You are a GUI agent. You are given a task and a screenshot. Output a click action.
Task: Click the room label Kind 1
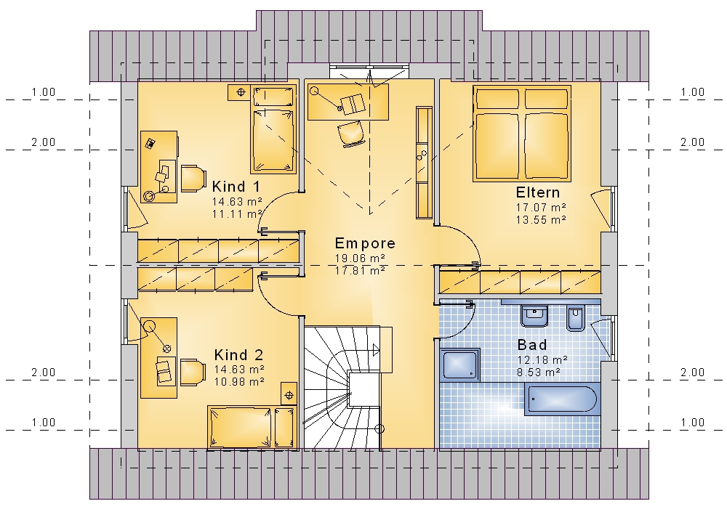(x=236, y=187)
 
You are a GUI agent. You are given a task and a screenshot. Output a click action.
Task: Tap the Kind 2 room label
(x=238, y=355)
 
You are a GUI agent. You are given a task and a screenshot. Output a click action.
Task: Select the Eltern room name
(x=538, y=192)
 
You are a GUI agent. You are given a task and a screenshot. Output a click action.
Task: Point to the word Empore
(x=366, y=243)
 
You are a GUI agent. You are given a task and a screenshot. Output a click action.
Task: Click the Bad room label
(x=532, y=345)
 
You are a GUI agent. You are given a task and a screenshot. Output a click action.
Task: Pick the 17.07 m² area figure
(x=541, y=208)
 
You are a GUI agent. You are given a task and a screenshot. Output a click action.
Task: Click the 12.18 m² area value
(x=543, y=360)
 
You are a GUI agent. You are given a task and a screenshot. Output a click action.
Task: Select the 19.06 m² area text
(x=361, y=258)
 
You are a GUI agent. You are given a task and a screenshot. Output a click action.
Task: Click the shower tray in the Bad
(x=459, y=365)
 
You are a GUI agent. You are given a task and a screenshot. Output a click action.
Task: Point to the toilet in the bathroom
(x=576, y=318)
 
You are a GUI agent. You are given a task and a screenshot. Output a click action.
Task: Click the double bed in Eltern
(x=521, y=133)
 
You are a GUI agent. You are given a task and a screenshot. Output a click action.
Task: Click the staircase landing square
(x=364, y=390)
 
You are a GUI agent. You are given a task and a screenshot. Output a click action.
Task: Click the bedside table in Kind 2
(x=289, y=394)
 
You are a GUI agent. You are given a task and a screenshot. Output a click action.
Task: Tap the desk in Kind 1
(x=158, y=167)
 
